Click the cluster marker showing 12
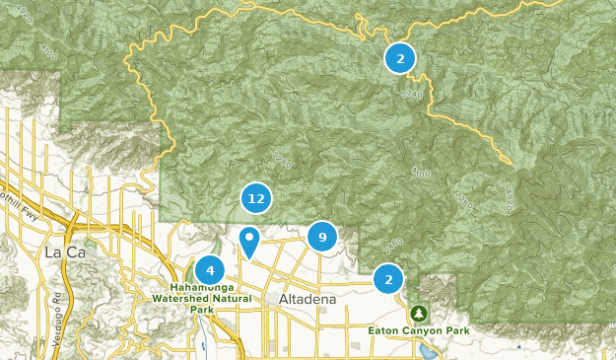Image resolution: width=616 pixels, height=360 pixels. tap(256, 198)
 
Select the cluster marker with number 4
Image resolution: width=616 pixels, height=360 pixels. tap(209, 270)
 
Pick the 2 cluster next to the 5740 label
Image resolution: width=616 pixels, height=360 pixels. tap(399, 58)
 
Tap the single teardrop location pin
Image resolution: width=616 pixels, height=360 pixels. tap(250, 240)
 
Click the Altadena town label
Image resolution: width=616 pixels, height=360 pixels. tap(308, 299)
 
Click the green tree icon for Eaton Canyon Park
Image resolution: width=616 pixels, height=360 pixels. tap(419, 314)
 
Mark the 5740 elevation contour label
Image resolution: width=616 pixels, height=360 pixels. tap(411, 93)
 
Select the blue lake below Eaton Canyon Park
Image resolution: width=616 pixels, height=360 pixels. tap(431, 350)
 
